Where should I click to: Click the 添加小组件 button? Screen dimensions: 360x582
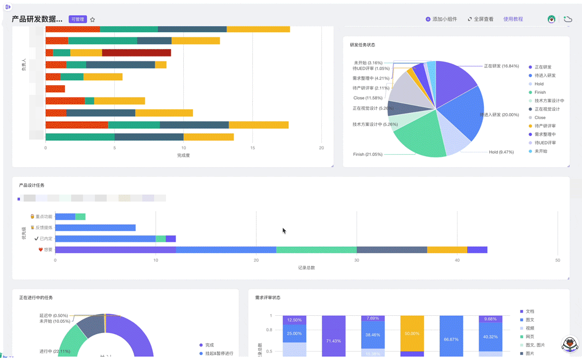coord(441,19)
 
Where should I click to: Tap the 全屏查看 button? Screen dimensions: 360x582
coord(480,19)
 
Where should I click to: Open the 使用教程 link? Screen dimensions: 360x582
coord(513,19)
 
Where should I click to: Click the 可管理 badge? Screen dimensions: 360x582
coord(78,19)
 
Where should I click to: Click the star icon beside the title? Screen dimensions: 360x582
coord(93,19)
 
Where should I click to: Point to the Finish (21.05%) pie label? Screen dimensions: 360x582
coord(368,155)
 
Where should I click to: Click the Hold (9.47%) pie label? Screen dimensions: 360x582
coord(501,152)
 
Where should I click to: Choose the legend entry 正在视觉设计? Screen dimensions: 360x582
coord(546,109)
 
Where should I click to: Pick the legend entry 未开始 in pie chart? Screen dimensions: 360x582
coord(541,151)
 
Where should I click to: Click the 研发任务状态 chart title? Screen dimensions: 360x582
coord(363,45)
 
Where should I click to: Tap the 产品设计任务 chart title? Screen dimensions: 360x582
coord(32,185)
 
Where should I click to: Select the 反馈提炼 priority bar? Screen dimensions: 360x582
coord(95,227)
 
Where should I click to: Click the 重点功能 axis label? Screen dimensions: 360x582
coord(44,217)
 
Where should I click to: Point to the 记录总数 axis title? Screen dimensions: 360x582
coord(307,267)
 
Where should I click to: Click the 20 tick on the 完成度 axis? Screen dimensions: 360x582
coord(322,148)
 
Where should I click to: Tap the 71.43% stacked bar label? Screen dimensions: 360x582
coord(334,341)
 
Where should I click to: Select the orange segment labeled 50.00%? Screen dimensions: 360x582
coord(412,334)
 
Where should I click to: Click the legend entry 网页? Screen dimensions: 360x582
coord(530,337)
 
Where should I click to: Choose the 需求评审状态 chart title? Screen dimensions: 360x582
coord(268,297)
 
